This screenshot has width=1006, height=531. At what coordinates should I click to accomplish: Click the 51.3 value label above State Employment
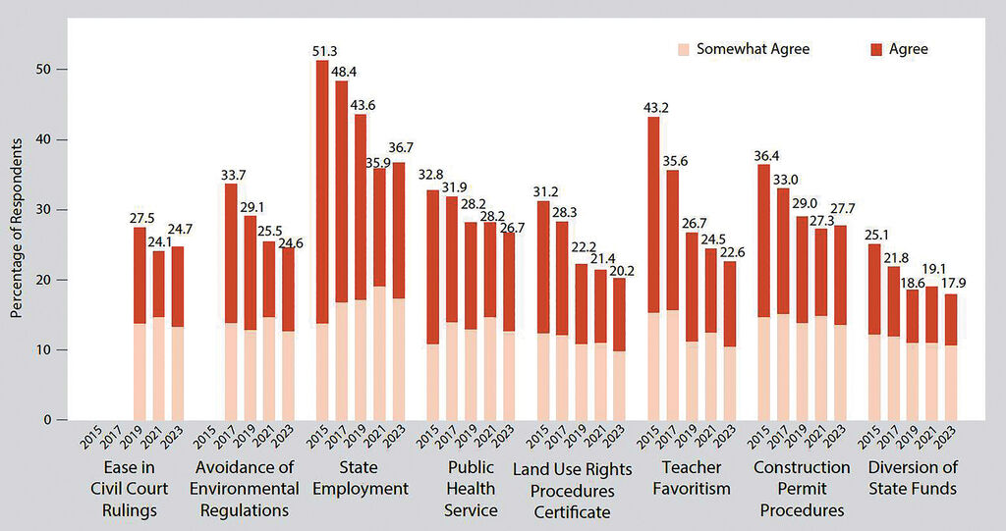point(322,52)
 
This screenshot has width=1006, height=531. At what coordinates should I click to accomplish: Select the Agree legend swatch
point(877,49)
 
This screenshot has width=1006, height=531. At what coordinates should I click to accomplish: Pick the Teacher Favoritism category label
point(691,478)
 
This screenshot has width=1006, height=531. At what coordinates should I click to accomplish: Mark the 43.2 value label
point(653,108)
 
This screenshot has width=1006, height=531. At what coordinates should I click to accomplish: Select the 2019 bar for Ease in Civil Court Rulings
point(140,323)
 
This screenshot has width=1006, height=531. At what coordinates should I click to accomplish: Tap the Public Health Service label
point(471,489)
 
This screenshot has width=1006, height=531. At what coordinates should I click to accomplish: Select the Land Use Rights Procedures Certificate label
point(574,490)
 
